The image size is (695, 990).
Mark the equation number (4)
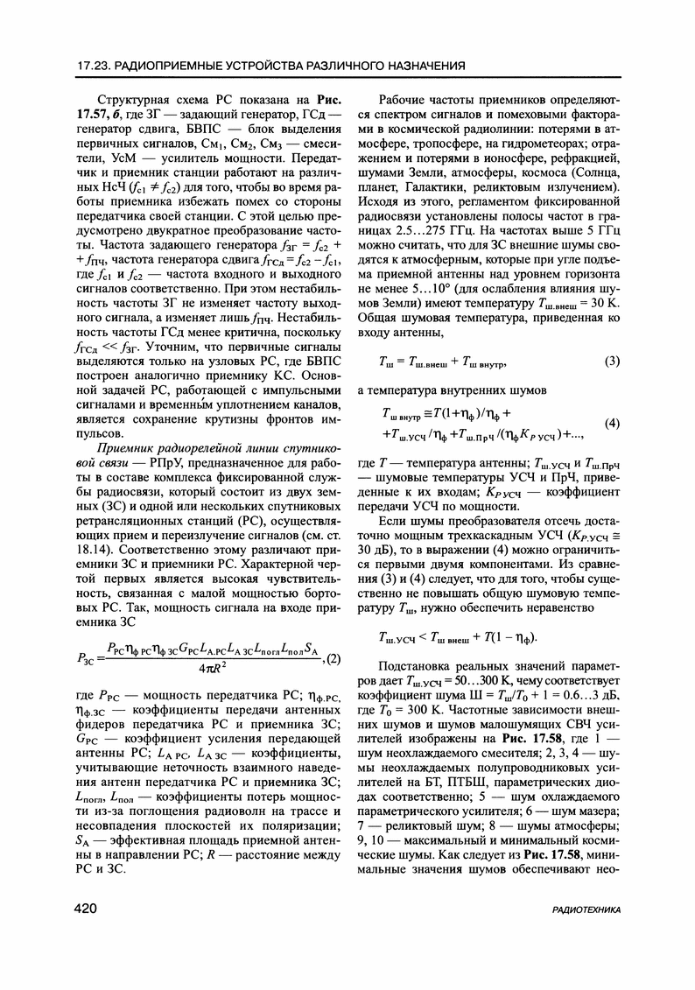[x=613, y=424]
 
